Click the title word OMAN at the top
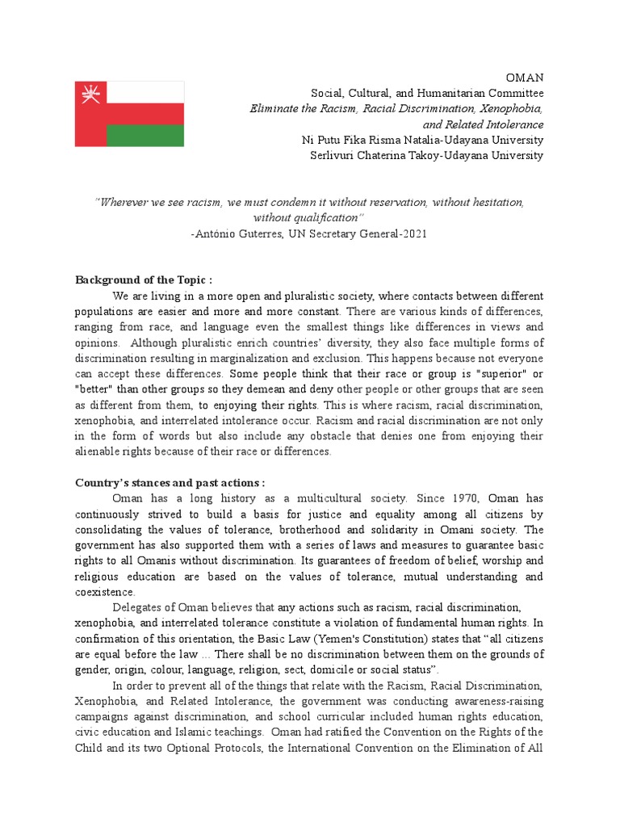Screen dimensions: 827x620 click(524, 78)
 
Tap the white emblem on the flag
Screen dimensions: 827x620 click(88, 96)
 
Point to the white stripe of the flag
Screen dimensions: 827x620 click(145, 92)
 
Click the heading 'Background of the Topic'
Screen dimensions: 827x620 click(144, 280)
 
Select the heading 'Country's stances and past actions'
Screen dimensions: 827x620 click(170, 482)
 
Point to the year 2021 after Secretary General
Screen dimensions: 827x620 click(411, 233)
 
